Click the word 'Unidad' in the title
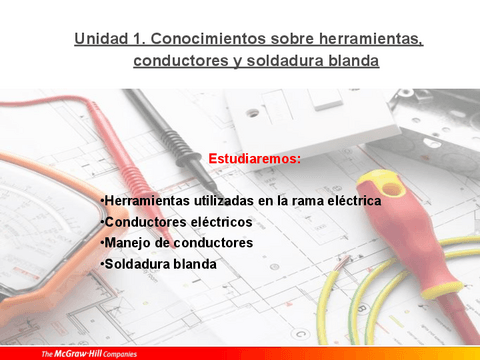100,39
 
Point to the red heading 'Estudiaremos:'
254,158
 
